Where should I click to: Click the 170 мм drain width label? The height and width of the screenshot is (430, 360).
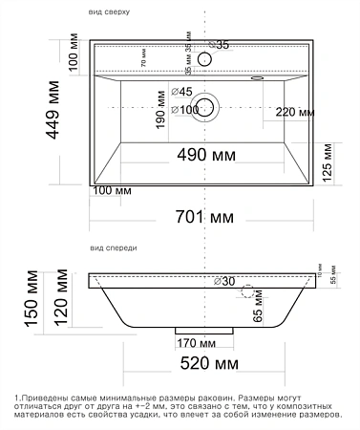tap(195, 342)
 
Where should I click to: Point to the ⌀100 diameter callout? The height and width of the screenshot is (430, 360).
tap(189, 110)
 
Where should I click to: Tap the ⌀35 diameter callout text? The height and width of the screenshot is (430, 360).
tap(220, 45)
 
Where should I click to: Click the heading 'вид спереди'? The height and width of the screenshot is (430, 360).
tap(114, 247)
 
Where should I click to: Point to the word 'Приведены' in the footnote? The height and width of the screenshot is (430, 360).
tap(48, 396)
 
